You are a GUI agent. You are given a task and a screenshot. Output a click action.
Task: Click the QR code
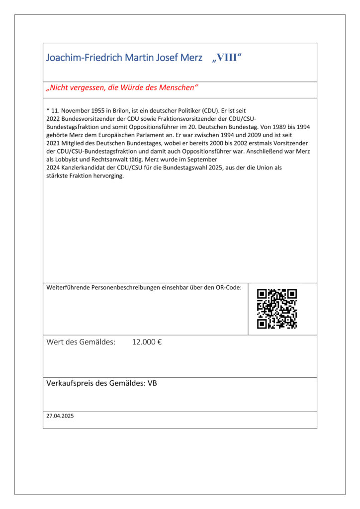point(277,309)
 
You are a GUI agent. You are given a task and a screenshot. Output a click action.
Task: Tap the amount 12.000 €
point(147,342)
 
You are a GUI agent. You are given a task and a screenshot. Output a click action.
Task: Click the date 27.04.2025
point(60,416)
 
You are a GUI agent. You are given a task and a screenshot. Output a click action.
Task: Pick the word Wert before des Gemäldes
point(55,342)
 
